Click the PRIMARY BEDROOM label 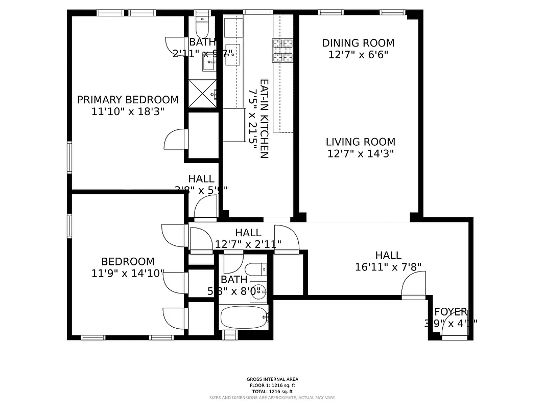(x=128, y=100)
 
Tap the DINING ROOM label (x=358, y=43)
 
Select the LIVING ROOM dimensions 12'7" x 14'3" (x=361, y=153)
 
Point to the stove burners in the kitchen (x=283, y=51)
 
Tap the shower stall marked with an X (x=203, y=93)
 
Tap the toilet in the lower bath (x=257, y=268)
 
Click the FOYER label (x=450, y=312)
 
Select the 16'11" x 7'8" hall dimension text (x=388, y=266)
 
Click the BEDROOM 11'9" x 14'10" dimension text (x=128, y=274)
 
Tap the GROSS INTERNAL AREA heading (x=272, y=379)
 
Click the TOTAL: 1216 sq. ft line (x=272, y=391)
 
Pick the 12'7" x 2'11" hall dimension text (x=248, y=244)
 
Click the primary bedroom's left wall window (x=70, y=157)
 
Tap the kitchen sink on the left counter (x=232, y=55)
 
